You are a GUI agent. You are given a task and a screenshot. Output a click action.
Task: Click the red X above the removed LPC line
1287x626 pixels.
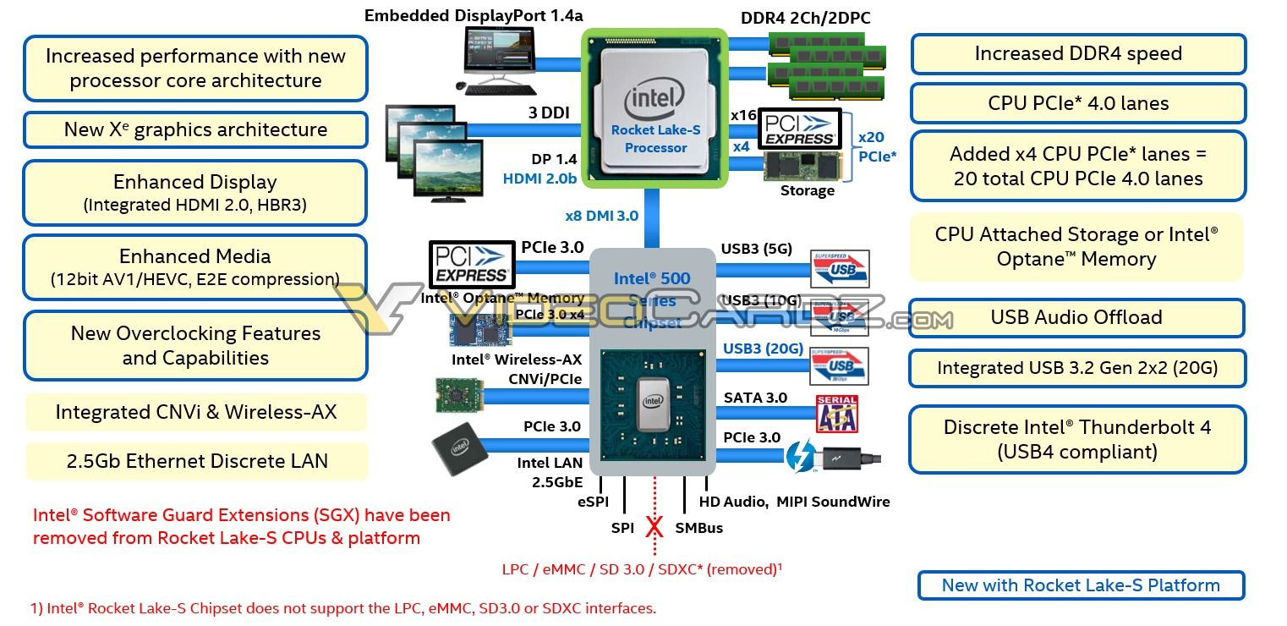click(x=654, y=527)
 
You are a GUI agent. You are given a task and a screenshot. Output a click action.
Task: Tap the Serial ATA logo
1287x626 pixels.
click(x=836, y=414)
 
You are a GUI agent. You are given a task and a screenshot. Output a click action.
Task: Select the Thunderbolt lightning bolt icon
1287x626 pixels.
click(x=799, y=457)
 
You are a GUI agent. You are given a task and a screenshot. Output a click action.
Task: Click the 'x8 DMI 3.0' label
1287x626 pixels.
click(x=602, y=216)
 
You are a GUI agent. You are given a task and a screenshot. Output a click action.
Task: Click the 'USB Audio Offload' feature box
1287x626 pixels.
click(x=1076, y=317)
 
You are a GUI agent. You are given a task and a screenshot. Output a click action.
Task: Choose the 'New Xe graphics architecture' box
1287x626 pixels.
click(x=195, y=129)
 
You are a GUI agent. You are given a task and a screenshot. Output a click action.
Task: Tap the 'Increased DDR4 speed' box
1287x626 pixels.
click(x=1077, y=53)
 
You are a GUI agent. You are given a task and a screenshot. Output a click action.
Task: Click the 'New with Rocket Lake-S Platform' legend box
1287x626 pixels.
click(x=1080, y=585)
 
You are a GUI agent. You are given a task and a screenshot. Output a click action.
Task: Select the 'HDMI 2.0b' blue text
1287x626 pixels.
click(x=539, y=178)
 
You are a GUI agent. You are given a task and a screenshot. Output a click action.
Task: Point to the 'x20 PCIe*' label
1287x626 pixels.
click(x=877, y=146)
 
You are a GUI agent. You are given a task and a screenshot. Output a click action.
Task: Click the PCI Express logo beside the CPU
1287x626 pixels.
click(x=799, y=128)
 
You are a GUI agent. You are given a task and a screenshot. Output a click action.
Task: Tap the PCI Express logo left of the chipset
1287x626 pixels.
click(x=471, y=263)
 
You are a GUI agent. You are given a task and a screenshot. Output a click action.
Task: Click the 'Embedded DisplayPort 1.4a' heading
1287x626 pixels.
click(x=474, y=15)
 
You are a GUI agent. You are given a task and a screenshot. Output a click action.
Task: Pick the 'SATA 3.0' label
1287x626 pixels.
click(x=755, y=398)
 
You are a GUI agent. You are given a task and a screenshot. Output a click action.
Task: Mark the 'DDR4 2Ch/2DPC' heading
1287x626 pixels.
click(x=805, y=18)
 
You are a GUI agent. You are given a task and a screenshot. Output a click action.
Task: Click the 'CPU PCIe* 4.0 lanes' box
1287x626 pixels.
click(x=1077, y=103)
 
